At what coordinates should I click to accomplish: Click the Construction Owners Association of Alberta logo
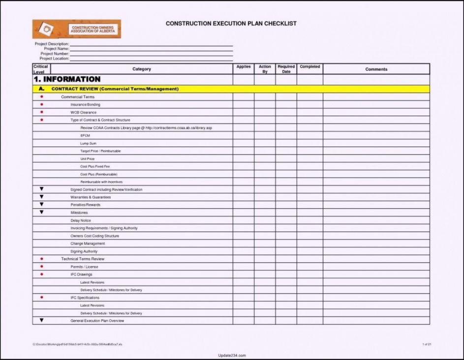(76, 29)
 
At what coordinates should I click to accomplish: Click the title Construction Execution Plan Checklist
(231, 24)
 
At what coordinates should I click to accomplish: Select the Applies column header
(243, 67)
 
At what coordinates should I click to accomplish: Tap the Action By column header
(265, 69)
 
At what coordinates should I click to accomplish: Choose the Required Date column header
(286, 69)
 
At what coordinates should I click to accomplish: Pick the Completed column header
(309, 67)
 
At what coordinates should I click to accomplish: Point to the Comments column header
(376, 69)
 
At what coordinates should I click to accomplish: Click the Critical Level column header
(41, 69)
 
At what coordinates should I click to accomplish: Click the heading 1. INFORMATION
(67, 79)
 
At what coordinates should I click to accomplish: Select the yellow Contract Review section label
(115, 89)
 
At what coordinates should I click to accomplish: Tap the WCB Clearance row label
(83, 113)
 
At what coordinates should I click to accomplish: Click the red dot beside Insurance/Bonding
(41, 105)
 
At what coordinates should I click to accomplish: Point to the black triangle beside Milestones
(41, 212)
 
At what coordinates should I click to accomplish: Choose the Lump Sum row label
(88, 143)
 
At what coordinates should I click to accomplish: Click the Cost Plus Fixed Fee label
(95, 167)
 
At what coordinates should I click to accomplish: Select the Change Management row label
(88, 243)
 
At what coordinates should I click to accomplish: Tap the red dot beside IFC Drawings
(41, 274)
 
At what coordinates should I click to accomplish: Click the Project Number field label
(54, 54)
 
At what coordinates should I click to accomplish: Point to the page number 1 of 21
(426, 344)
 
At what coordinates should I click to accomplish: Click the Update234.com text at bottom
(231, 355)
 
